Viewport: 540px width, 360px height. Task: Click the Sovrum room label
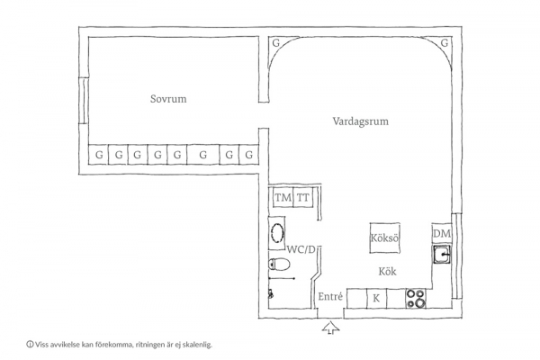click(168, 99)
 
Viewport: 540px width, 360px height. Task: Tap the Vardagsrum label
click(361, 121)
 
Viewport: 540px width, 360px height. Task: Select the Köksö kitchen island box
click(385, 238)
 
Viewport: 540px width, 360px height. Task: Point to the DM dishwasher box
click(442, 234)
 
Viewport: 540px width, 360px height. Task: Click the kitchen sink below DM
click(442, 255)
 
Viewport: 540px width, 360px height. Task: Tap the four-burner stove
click(416, 298)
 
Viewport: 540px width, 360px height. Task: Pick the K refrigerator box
click(376, 298)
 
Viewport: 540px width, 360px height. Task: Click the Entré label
click(330, 296)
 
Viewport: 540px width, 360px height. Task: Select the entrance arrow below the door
click(331, 328)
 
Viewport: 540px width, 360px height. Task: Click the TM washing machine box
click(283, 198)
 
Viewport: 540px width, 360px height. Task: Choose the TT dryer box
click(303, 198)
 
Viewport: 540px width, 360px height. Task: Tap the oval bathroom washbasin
click(277, 233)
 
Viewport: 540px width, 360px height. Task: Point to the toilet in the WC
click(279, 265)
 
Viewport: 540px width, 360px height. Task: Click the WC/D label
click(301, 249)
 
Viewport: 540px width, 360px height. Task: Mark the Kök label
click(387, 272)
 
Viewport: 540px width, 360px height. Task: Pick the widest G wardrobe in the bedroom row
click(203, 155)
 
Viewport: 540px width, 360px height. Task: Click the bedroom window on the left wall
click(82, 101)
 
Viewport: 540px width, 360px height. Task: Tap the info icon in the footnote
click(30, 344)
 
